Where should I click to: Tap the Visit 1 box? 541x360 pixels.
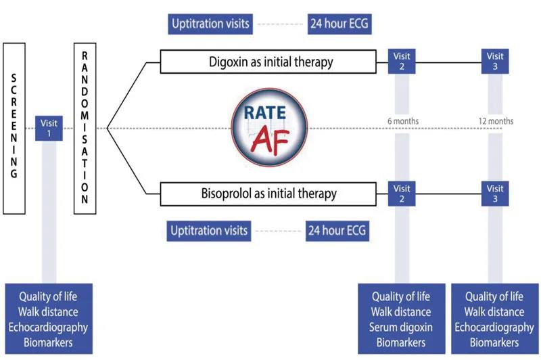tap(49, 128)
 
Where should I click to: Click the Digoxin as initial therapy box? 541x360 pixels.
tap(268, 62)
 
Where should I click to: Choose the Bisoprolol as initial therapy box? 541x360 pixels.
tap(268, 194)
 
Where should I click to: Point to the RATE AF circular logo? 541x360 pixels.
tap(269, 127)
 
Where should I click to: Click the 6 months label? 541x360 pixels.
tap(403, 121)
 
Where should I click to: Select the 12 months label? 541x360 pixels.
tap(496, 121)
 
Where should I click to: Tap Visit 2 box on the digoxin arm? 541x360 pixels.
tap(402, 61)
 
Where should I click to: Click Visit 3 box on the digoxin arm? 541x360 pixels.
tap(495, 61)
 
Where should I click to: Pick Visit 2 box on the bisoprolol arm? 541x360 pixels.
tap(402, 194)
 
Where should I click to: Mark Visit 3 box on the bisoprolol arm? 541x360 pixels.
tap(495, 194)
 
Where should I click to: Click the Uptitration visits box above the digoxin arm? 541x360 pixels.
tap(210, 24)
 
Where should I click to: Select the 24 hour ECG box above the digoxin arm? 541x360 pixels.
tap(339, 24)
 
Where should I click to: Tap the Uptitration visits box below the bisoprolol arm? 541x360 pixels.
tap(209, 231)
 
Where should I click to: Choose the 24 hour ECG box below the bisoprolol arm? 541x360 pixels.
tap(337, 231)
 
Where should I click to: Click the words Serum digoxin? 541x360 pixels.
tap(401, 328)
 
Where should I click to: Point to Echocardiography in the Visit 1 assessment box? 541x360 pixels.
tap(48, 328)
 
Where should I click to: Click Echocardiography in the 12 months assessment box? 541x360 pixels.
tap(494, 328)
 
